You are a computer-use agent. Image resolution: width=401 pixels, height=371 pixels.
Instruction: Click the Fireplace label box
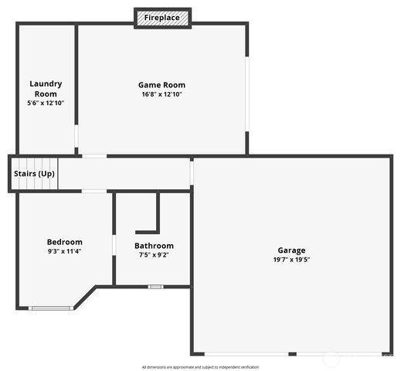tap(162, 17)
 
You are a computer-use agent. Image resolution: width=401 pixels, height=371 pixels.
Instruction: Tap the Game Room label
tap(161, 85)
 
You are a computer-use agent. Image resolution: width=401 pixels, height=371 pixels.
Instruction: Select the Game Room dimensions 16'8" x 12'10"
tap(161, 94)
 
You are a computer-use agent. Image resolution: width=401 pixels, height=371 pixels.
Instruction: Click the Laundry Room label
tap(46, 88)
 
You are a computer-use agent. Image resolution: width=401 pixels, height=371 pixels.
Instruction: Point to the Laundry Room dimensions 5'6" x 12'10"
tap(46, 103)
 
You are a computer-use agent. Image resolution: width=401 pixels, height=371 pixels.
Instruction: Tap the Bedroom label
tap(64, 242)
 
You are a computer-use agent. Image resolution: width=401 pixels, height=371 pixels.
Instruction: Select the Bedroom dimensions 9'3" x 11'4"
tap(64, 251)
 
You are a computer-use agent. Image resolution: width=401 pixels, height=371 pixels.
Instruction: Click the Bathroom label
tap(154, 246)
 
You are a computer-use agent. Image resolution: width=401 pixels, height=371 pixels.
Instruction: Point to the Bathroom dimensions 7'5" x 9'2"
tap(154, 255)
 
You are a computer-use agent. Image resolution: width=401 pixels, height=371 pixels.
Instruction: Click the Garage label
tap(291, 250)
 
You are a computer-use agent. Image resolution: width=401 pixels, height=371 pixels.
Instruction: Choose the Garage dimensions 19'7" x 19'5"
tap(291, 260)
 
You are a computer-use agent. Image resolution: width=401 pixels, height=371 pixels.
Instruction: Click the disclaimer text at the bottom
tap(200, 367)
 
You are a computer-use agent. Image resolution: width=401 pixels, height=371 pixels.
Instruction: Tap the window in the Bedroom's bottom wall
tap(51, 308)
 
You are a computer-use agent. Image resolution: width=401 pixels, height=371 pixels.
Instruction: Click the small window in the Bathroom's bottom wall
tap(155, 287)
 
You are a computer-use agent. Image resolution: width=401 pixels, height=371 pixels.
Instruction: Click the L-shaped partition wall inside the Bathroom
tap(157, 216)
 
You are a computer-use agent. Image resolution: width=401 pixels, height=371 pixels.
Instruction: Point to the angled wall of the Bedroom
tap(85, 298)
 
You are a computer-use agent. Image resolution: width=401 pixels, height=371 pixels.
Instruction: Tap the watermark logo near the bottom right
tap(330, 359)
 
